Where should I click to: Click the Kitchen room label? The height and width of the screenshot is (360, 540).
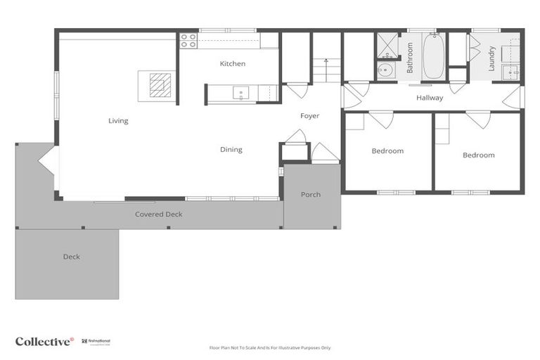pyautogui.click(x=233, y=64)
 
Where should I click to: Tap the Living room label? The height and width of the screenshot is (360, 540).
pyautogui.click(x=118, y=121)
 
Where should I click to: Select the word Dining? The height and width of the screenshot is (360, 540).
pyautogui.click(x=231, y=150)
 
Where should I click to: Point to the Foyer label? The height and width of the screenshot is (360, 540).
pyautogui.click(x=310, y=116)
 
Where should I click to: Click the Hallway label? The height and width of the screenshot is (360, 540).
pyautogui.click(x=430, y=98)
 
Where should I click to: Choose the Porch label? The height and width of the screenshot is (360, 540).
pyautogui.click(x=311, y=195)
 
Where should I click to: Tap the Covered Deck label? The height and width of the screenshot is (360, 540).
pyautogui.click(x=159, y=214)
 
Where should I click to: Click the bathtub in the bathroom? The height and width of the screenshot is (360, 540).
pyautogui.click(x=432, y=56)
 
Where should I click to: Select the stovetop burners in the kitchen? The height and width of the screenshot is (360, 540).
pyautogui.click(x=188, y=41)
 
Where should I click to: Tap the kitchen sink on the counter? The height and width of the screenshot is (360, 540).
pyautogui.click(x=240, y=92)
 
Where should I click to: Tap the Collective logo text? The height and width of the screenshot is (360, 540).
pyautogui.click(x=44, y=342)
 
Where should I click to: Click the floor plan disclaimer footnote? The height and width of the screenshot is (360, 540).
pyautogui.click(x=270, y=347)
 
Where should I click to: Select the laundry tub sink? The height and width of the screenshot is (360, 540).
pyautogui.click(x=512, y=72)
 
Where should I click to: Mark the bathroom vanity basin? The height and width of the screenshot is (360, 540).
pyautogui.click(x=385, y=70)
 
